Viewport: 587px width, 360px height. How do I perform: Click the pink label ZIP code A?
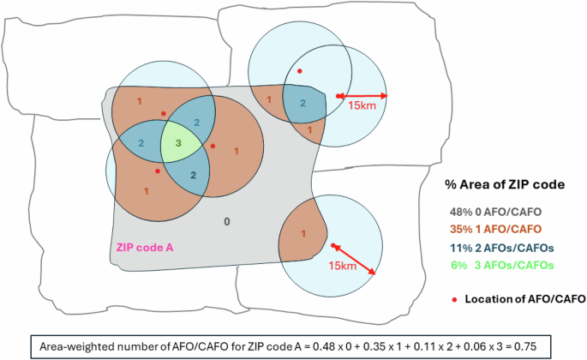(144, 247)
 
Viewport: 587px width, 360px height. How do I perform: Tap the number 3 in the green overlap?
(177, 144)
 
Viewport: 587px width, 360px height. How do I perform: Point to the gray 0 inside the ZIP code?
(226, 222)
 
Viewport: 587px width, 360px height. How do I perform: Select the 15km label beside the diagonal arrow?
(340, 267)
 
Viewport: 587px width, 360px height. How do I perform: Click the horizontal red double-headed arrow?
(362, 95)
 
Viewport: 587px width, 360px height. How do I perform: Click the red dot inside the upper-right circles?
(299, 70)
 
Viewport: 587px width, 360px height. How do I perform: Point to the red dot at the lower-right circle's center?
(333, 246)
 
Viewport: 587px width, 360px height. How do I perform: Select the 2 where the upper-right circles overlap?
(301, 102)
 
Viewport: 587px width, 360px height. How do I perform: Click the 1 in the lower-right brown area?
(303, 233)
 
